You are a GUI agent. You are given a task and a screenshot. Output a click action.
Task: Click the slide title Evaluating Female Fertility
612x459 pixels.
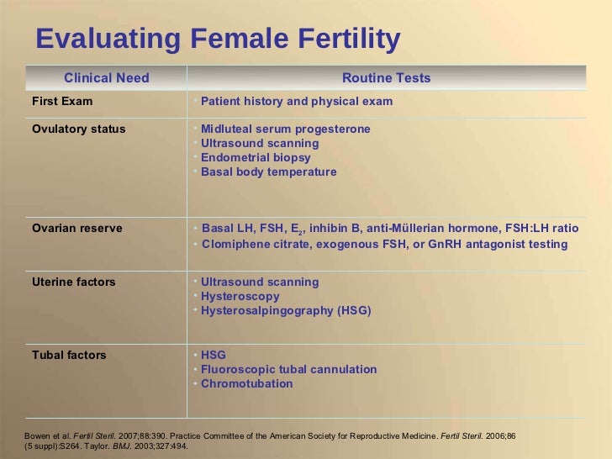(x=218, y=39)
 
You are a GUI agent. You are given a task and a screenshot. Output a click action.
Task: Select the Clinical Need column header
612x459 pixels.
(x=107, y=78)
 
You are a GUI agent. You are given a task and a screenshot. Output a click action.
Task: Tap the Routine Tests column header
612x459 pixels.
(x=386, y=78)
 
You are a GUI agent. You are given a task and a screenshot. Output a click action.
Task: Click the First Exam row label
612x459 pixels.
(x=62, y=102)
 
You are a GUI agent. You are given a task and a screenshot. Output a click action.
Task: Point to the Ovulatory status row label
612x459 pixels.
(x=79, y=129)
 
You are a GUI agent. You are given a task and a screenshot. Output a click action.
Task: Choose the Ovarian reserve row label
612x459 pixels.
(x=77, y=229)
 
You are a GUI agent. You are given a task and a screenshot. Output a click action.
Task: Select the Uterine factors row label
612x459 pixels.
(x=74, y=282)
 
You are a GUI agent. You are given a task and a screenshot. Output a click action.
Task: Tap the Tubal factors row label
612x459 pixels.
(x=69, y=356)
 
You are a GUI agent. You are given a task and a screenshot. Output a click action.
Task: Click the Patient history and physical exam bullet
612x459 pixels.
(x=297, y=102)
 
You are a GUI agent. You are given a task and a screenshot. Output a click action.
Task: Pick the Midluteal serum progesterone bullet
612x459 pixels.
(x=285, y=129)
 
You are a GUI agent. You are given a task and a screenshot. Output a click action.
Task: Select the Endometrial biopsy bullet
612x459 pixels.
(x=256, y=158)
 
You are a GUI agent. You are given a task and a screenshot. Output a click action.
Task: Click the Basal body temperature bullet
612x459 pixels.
(x=268, y=172)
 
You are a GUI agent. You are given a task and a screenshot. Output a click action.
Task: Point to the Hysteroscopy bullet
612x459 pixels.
(x=240, y=297)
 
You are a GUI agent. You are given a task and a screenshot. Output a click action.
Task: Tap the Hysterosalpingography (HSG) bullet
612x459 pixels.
(x=286, y=311)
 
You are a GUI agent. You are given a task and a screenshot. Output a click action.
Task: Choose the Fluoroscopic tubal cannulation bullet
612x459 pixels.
(x=288, y=370)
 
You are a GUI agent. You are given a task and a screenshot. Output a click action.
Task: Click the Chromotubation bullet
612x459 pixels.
(x=247, y=384)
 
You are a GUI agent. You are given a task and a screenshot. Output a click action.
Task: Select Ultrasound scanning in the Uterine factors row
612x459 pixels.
(x=260, y=282)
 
